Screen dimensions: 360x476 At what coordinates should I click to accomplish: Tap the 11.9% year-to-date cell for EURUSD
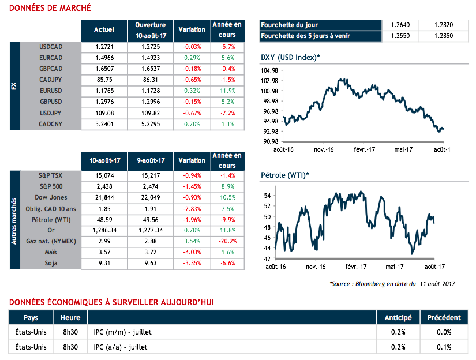point(227,91)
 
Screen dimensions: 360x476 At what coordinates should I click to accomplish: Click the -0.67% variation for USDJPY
point(192,112)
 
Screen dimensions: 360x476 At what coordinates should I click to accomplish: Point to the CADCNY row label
point(50,123)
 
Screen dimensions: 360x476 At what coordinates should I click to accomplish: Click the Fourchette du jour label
point(290,25)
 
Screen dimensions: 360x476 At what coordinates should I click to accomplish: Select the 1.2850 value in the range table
point(445,36)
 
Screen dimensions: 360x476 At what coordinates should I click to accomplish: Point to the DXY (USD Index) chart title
point(290,57)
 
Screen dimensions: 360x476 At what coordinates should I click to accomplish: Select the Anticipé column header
point(398,318)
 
